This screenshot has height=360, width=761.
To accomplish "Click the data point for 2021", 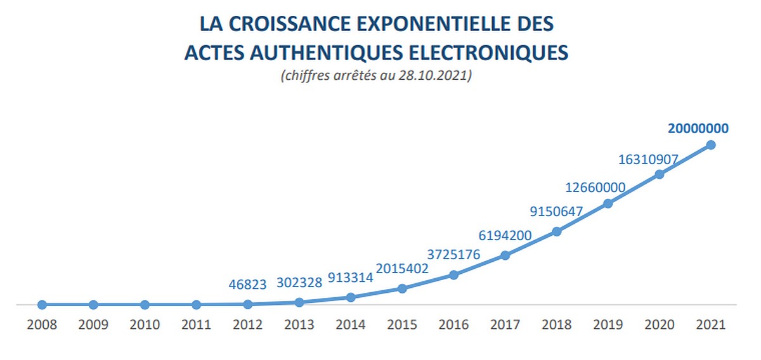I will (x=711, y=145).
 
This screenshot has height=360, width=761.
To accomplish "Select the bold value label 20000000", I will (x=698, y=128).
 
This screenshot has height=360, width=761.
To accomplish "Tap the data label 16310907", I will (x=649, y=159).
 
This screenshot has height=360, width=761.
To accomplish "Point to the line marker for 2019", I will (x=608, y=203).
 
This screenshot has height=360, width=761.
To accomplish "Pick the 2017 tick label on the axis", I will (x=505, y=325).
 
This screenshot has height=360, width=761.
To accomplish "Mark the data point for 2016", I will (x=453, y=275).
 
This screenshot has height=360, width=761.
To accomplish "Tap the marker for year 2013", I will (x=299, y=302).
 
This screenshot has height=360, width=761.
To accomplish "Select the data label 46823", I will (x=249, y=285).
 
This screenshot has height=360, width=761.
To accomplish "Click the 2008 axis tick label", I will (x=42, y=325).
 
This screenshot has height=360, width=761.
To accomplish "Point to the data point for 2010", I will (x=145, y=305).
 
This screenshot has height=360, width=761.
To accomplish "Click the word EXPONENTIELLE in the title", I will (x=426, y=24).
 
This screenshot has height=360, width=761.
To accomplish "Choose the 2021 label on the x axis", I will (x=711, y=325).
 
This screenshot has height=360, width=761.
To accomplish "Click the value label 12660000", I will (x=595, y=188).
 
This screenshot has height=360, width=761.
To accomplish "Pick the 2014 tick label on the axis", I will (x=351, y=325).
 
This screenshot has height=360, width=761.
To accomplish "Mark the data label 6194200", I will (x=505, y=236).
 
